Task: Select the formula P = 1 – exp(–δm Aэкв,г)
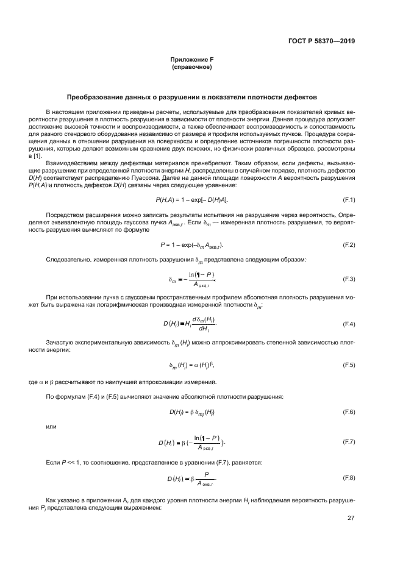click(x=191, y=244)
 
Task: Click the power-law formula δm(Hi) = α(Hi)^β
click(x=191, y=365)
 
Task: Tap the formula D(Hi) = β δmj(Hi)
click(x=191, y=412)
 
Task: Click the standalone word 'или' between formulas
click(x=51, y=427)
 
